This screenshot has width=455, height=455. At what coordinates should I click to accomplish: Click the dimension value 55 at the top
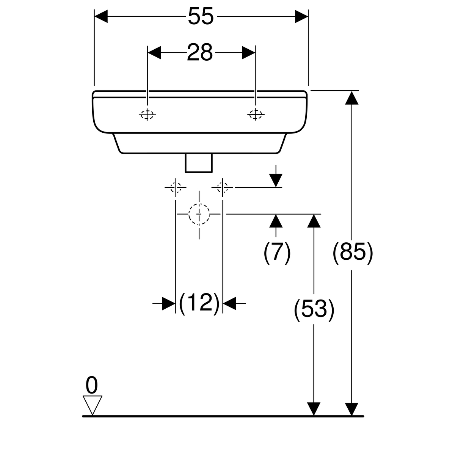201,17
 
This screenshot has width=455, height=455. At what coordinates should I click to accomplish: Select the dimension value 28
200,53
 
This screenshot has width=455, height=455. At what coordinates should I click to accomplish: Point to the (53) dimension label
314,309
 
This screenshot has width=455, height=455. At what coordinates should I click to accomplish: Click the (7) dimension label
277,252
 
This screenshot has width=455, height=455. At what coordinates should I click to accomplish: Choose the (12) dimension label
199,303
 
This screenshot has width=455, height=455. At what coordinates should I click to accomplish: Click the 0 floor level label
91,386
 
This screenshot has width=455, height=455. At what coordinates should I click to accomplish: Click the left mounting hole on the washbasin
147,114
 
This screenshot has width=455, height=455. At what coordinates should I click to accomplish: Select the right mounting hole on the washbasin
256,114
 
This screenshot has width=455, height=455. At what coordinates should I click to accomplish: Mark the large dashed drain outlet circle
199,214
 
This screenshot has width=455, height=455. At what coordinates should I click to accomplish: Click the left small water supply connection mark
175,187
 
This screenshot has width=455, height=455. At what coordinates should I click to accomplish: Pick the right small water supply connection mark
223,187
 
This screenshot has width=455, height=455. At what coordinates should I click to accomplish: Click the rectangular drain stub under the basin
199,163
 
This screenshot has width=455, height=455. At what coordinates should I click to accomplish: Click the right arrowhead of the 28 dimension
249,53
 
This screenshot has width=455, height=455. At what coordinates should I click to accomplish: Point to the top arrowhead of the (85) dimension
353,97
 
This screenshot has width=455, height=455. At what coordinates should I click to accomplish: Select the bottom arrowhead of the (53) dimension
314,409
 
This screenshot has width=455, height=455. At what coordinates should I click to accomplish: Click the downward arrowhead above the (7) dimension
277,180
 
